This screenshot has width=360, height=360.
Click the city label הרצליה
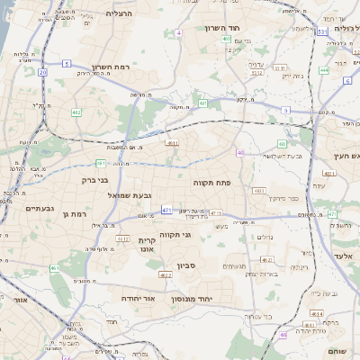coord(118,13)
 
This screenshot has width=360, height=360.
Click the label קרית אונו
coord(148,245)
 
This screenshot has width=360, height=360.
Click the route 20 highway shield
coord(42,71)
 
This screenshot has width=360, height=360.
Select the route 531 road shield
coord(321,31)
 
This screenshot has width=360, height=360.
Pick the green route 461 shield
coord(54,268)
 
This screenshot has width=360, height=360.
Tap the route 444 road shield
coord(324,69)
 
